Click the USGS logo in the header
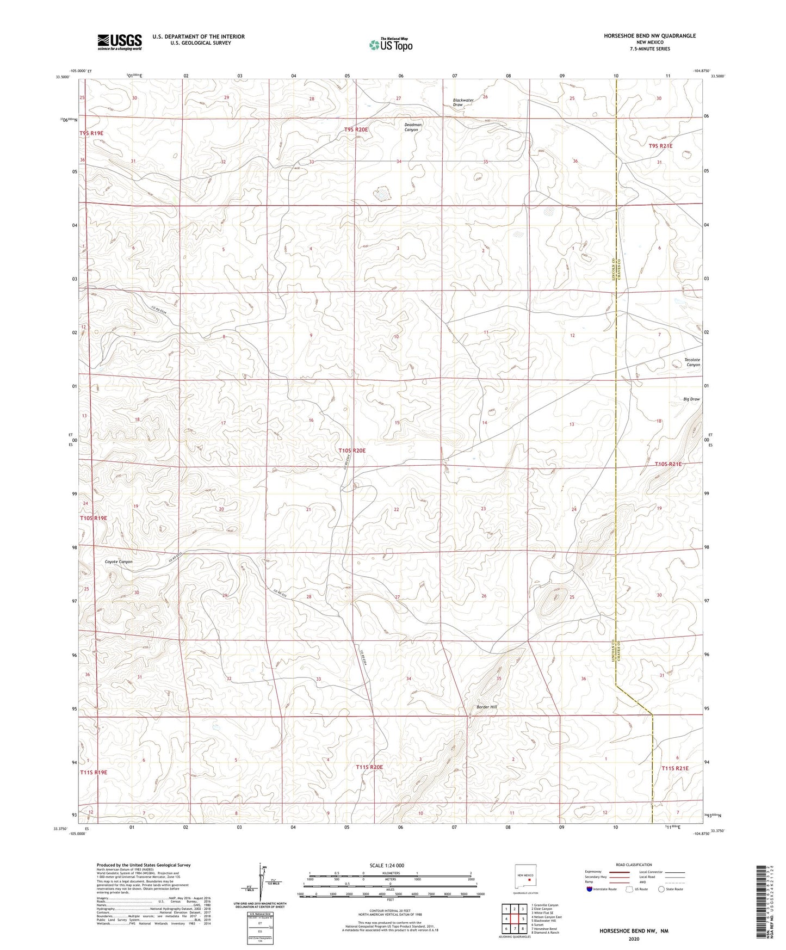click(x=119, y=42)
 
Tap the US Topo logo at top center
click(x=391, y=45)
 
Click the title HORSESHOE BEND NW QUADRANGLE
click(x=649, y=36)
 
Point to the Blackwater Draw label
click(x=463, y=102)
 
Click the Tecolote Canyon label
click(x=692, y=362)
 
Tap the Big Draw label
click(x=691, y=399)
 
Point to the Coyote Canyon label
click(x=119, y=562)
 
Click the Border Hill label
click(x=486, y=707)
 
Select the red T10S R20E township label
click(x=352, y=451)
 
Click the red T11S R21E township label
click(x=674, y=768)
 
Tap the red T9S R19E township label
click(x=91, y=133)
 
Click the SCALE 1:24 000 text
click(x=386, y=865)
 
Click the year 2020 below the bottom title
click(x=634, y=939)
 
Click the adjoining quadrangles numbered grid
click(x=514, y=920)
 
